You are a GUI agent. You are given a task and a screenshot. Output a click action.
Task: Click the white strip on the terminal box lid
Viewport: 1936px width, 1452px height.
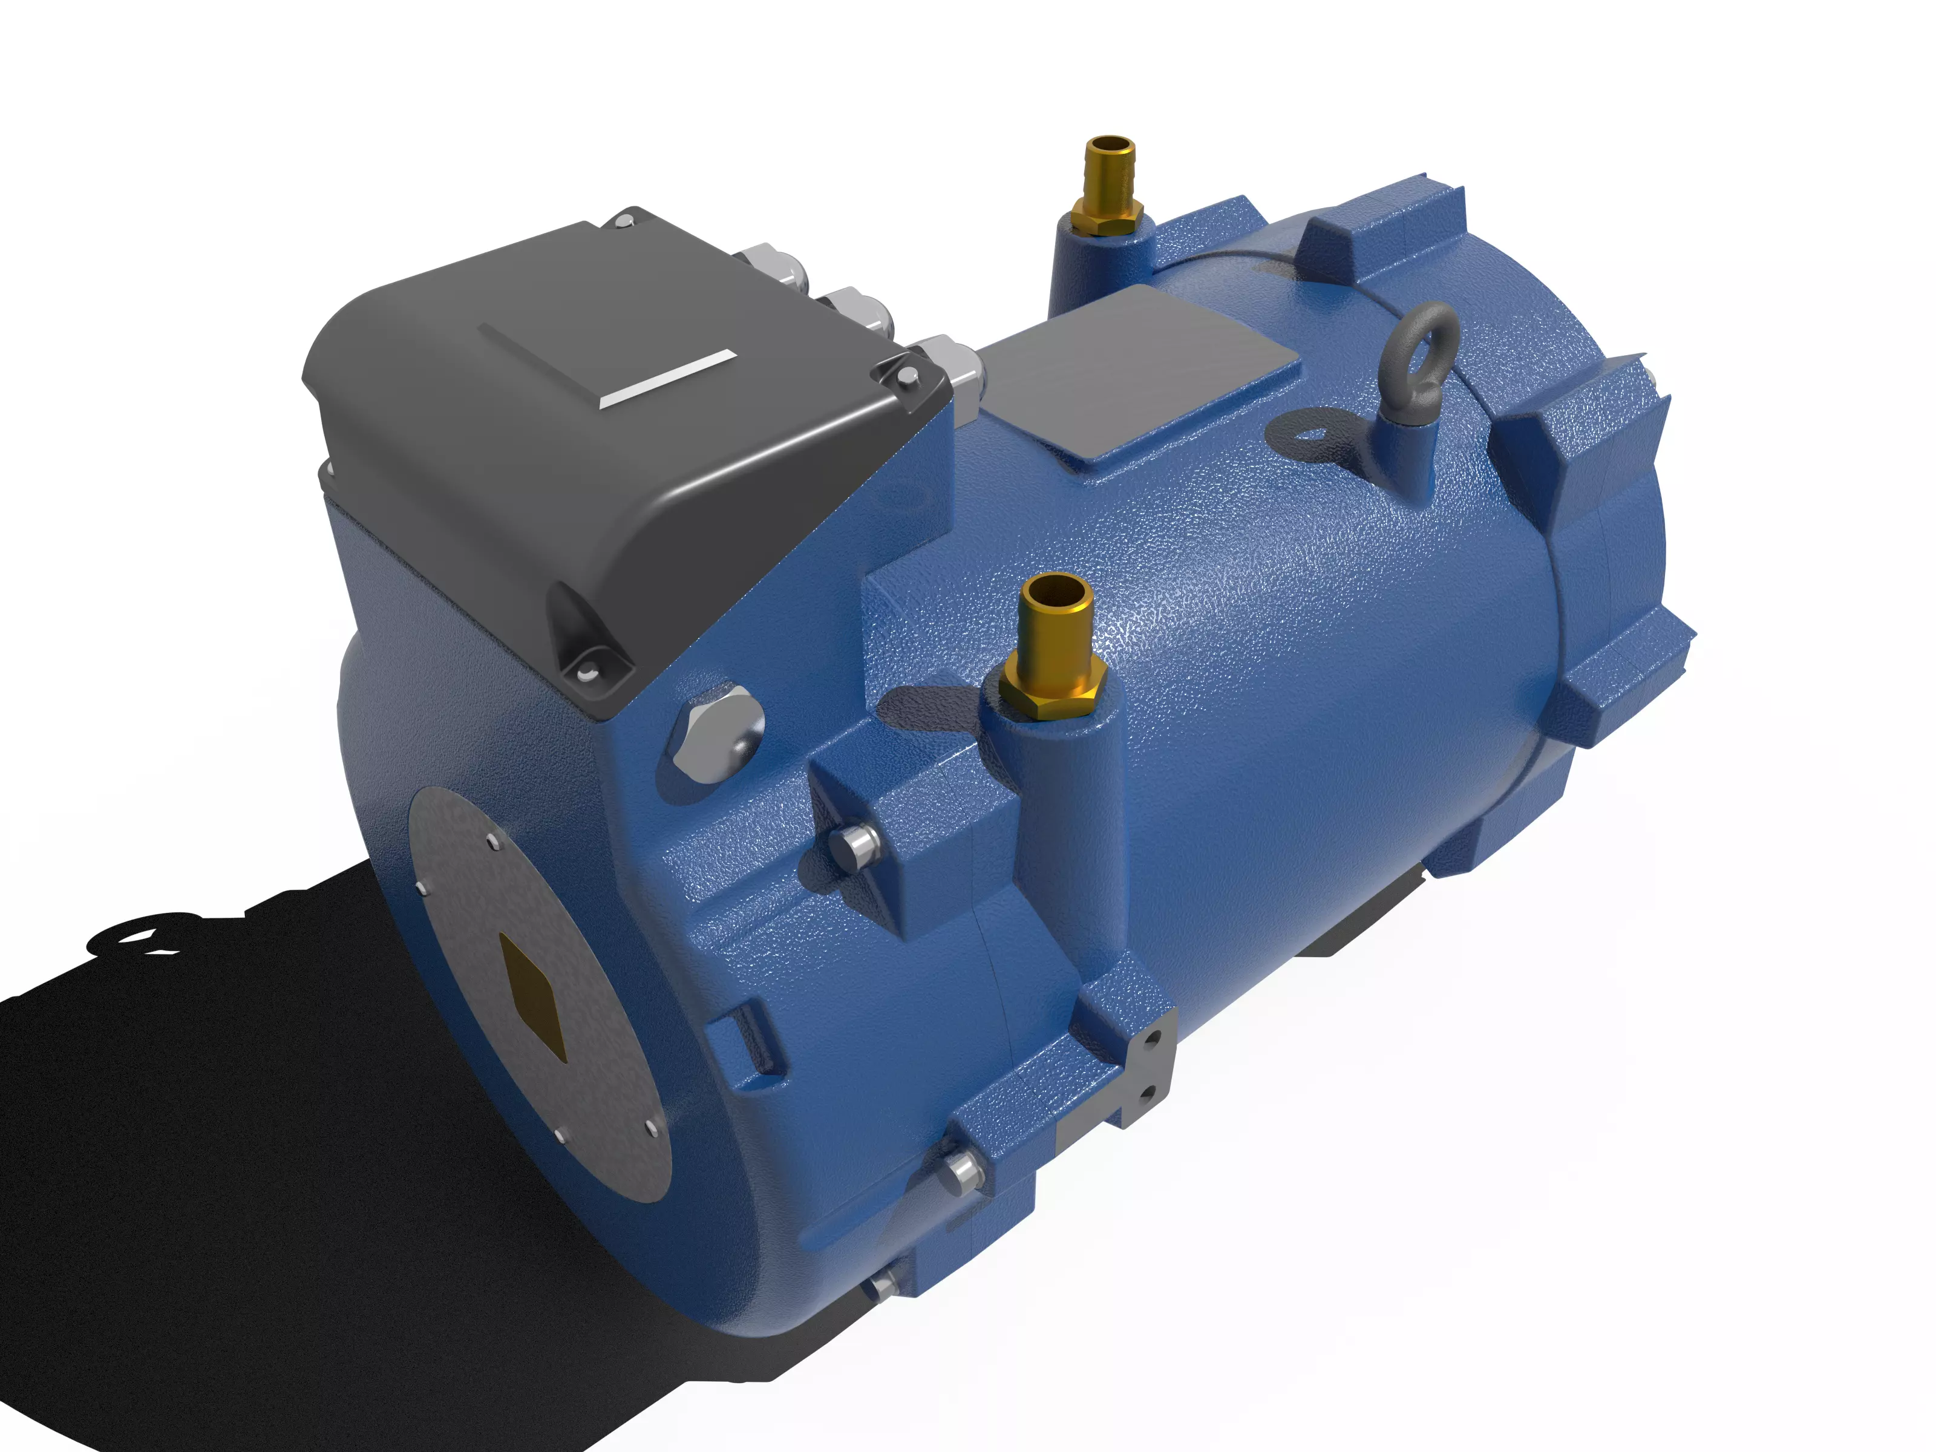tap(667, 379)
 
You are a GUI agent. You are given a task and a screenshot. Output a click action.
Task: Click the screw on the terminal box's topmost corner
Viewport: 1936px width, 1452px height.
tap(625, 221)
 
